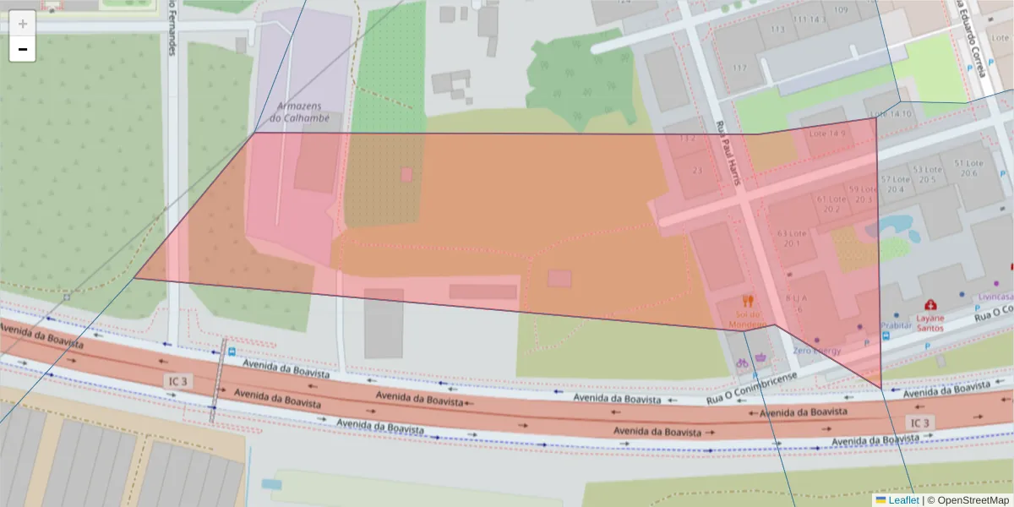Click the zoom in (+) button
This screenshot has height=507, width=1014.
click(23, 23)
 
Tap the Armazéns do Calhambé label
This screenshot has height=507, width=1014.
click(300, 112)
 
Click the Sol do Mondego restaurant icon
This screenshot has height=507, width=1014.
click(747, 300)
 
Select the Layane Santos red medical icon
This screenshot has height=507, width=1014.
click(930, 303)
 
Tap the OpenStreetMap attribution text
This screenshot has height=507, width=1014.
click(968, 500)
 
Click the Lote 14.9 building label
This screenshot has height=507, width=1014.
click(827, 134)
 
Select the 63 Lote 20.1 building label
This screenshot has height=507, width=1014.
click(793, 238)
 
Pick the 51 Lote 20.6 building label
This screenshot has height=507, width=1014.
click(968, 168)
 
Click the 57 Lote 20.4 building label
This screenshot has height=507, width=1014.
click(895, 184)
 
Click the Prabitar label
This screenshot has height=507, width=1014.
click(896, 324)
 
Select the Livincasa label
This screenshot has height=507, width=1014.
click(995, 297)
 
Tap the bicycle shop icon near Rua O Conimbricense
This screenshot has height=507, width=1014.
click(742, 363)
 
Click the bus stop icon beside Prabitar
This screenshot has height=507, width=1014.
click(885, 335)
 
